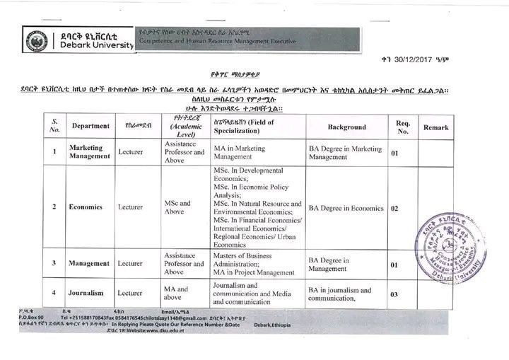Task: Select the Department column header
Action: click(90, 126)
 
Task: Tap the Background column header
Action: click(346, 127)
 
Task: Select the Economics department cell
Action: click(86, 207)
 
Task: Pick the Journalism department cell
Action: click(86, 293)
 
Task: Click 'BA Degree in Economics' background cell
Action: click(346, 209)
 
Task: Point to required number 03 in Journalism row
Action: click(394, 294)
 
